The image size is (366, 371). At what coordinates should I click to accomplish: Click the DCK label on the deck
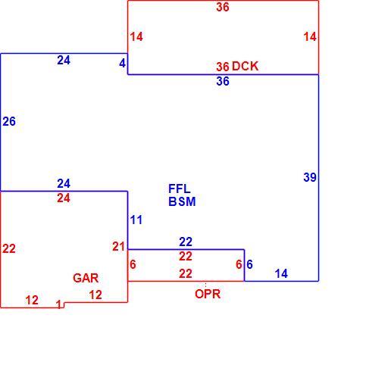(245, 66)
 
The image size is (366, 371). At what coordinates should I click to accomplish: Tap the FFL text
(180, 189)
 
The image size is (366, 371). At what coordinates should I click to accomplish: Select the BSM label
(182, 201)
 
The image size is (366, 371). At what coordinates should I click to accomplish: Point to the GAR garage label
(86, 278)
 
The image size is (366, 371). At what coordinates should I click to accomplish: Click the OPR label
(208, 294)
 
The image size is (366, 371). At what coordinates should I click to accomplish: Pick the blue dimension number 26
(9, 121)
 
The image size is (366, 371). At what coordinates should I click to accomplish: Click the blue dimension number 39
(310, 177)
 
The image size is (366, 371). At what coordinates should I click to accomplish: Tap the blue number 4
(122, 63)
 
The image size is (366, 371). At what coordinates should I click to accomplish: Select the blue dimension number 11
(136, 220)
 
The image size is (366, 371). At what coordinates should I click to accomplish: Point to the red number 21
(119, 247)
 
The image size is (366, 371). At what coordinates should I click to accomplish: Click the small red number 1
(59, 304)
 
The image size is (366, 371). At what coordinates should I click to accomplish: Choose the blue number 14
(281, 273)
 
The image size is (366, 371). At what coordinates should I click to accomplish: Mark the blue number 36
(223, 81)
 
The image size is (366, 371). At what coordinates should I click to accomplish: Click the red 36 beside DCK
(223, 67)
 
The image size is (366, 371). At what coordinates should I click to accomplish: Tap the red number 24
(64, 198)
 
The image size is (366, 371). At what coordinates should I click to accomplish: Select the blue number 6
(249, 264)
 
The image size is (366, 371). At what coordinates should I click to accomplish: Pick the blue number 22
(186, 242)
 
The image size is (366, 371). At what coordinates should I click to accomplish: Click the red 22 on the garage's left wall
(9, 249)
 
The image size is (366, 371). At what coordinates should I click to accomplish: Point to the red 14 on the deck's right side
(310, 37)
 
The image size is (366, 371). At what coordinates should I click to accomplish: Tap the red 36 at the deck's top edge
(223, 7)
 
